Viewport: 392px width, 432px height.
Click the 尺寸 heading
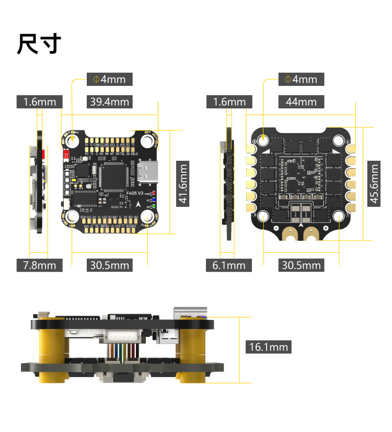pyautogui.click(x=39, y=44)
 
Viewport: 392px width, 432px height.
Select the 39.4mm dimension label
pyautogui.click(x=109, y=102)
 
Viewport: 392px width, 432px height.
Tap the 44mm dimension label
pyautogui.click(x=301, y=102)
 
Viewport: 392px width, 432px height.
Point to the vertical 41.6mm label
pyautogui.click(x=182, y=184)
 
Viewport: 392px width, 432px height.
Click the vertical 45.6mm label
pyautogui.click(x=374, y=184)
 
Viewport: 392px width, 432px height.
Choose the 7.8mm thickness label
pyautogui.click(x=39, y=265)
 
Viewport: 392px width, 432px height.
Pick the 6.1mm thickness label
pyautogui.click(x=229, y=265)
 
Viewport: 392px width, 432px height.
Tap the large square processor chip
pyautogui.click(x=116, y=176)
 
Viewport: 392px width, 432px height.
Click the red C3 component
pyautogui.click(x=66, y=154)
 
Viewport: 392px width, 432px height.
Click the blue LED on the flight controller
pyautogui.click(x=154, y=200)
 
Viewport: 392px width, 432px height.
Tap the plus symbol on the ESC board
pyautogui.click(x=325, y=228)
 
